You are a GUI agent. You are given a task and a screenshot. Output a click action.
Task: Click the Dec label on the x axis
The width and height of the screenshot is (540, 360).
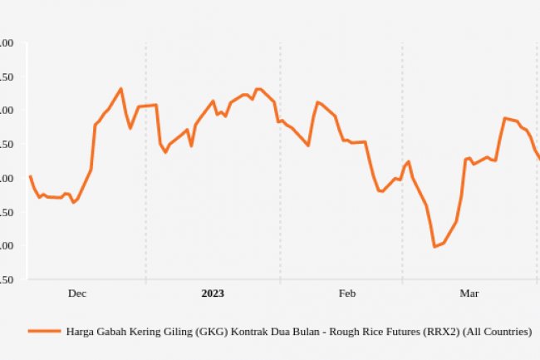77,293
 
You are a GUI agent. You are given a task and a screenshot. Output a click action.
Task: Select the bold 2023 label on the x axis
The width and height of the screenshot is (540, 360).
213,293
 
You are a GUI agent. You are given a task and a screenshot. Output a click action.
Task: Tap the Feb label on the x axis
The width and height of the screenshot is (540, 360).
347,293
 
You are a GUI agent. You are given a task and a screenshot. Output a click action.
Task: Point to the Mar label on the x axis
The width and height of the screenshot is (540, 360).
469,293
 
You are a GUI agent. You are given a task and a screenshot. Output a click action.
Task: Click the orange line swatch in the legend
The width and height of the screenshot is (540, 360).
45,331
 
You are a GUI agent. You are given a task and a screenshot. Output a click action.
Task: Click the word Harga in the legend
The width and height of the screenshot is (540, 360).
81,331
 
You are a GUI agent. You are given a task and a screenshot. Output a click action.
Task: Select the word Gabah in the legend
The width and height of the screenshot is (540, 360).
116,331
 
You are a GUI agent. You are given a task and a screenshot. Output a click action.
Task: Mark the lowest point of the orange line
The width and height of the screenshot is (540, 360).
434,246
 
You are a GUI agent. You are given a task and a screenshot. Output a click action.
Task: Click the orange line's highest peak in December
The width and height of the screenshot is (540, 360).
121,88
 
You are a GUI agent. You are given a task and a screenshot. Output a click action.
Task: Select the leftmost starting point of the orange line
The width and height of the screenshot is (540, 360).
30,176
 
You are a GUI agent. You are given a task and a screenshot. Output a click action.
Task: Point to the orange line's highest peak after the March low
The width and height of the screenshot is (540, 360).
504,118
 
